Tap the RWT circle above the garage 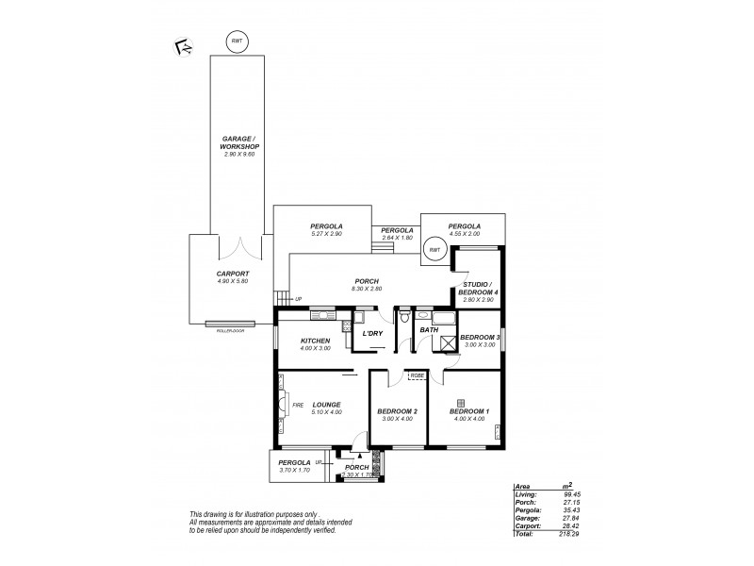pyautogui.click(x=238, y=42)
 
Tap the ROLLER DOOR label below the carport pyautogui.click(x=231, y=331)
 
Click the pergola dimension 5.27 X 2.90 pyautogui.click(x=326, y=234)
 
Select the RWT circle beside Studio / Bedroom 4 pyautogui.click(x=434, y=250)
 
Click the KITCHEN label pyautogui.click(x=314, y=340)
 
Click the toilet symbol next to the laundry pyautogui.click(x=402, y=320)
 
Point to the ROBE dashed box pyautogui.click(x=416, y=378)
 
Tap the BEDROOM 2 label pyautogui.click(x=396, y=412)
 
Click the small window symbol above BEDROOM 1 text pyautogui.click(x=460, y=402)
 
